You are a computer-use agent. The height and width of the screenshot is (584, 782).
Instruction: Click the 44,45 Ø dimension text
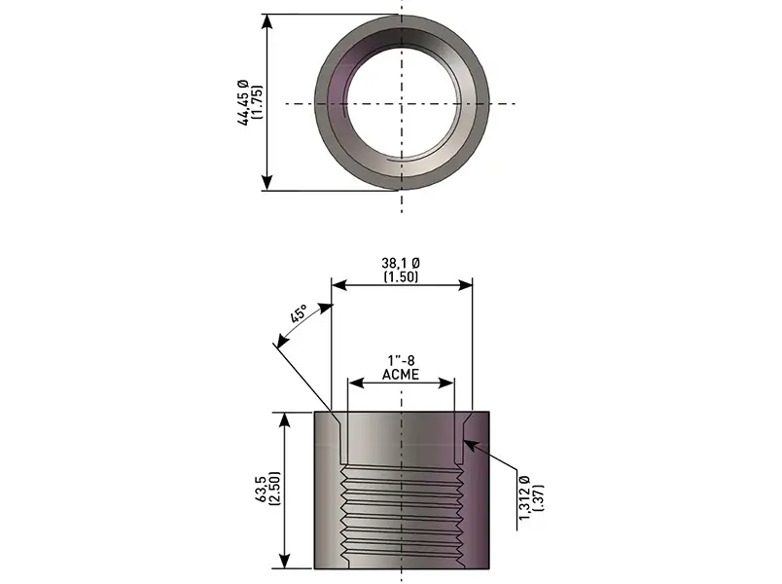[243, 102]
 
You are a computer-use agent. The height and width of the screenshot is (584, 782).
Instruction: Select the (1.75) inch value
[258, 102]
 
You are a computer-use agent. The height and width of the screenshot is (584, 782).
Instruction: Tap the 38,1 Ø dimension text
[401, 263]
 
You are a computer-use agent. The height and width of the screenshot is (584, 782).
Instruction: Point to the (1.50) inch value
[401, 276]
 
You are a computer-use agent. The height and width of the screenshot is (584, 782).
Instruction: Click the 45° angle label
[299, 314]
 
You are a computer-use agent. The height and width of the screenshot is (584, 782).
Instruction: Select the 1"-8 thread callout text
[401, 360]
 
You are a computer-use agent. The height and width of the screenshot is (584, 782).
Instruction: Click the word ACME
[401, 374]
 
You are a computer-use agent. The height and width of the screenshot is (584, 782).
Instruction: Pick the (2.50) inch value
[276, 488]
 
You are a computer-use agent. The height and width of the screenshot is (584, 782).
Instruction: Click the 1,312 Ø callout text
[524, 497]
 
